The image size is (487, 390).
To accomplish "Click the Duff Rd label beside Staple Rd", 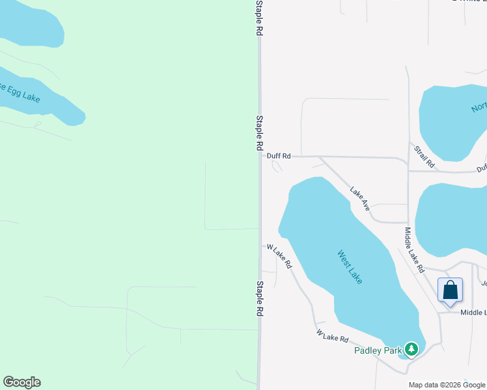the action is tap(279, 156).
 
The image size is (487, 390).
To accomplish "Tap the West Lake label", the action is tap(350, 267).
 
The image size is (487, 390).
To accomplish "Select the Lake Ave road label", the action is tap(360, 199).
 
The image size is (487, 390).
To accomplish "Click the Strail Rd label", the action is tap(424, 157).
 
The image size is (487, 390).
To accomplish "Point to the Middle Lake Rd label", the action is tap(414, 250).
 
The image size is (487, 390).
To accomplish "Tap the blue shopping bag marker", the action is tap(451, 290).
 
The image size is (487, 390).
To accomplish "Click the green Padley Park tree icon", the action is tap(411, 350).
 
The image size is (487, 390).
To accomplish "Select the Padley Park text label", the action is tap(377, 350).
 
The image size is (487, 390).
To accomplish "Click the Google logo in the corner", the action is tap(21, 382).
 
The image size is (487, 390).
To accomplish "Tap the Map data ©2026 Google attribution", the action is tap(447, 385).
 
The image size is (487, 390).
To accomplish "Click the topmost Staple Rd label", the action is tap(259, 18).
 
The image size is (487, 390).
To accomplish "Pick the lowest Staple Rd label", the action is tap(259, 298).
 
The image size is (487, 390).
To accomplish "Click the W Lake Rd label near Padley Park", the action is tap(333, 336).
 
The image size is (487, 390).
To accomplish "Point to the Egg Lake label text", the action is tap(20, 93).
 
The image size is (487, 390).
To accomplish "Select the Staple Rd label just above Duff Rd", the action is tap(259, 133).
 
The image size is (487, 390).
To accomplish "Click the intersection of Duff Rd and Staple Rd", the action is tap(260, 156).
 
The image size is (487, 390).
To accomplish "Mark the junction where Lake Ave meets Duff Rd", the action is tap(319, 157).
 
